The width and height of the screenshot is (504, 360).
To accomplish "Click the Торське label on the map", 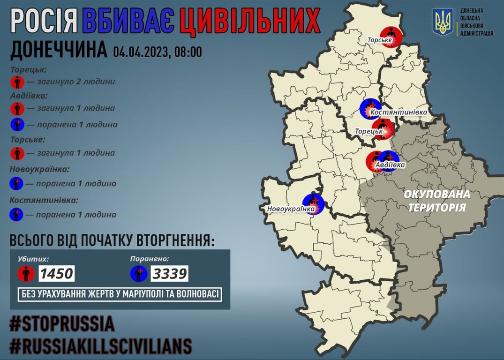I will (x=379, y=42).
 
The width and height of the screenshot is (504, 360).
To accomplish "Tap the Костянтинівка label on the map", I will (x=399, y=112).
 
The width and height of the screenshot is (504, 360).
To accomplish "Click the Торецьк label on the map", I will (x=369, y=132).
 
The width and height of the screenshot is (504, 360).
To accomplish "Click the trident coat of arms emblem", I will (x=443, y=22).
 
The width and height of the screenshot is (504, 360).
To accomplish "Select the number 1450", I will (x=56, y=273).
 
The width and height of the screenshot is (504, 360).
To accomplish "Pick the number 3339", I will (x=169, y=273).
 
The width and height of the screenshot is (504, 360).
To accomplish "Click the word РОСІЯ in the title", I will (x=44, y=21).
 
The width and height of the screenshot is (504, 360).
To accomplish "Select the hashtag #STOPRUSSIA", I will (x=62, y=324).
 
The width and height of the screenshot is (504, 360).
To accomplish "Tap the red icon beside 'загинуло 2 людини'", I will (x=17, y=82).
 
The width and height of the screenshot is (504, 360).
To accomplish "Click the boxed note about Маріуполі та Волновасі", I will (x=120, y=294).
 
